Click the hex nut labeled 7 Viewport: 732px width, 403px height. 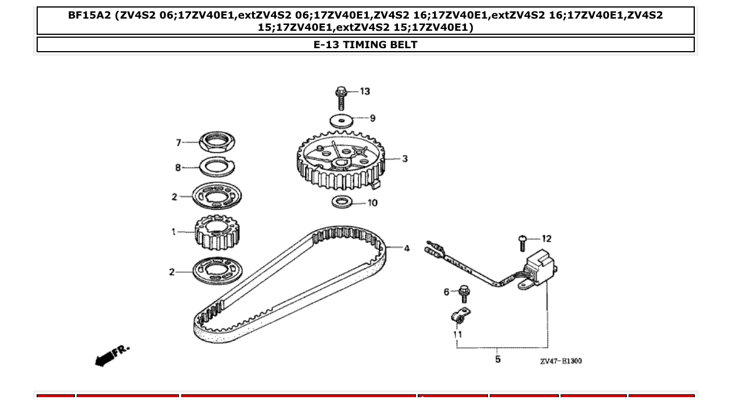pyautogui.click(x=217, y=142)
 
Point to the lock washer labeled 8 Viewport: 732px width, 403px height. pyautogui.click(x=217, y=167)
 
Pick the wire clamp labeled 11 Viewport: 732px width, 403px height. pyautogui.click(x=461, y=317)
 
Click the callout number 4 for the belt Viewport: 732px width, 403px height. pyautogui.click(x=407, y=249)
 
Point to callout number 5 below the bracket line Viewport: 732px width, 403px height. pyautogui.click(x=498, y=359)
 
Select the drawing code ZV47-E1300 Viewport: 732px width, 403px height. pyautogui.click(x=561, y=361)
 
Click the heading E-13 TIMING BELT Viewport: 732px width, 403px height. pyautogui.click(x=365, y=45)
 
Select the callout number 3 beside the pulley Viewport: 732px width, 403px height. pyautogui.click(x=405, y=159)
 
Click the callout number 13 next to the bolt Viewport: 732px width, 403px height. pyautogui.click(x=365, y=91)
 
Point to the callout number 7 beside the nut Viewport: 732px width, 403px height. pyautogui.click(x=179, y=143)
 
